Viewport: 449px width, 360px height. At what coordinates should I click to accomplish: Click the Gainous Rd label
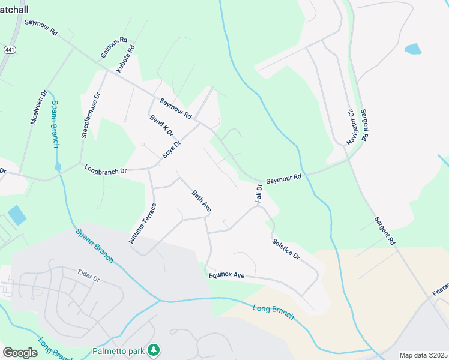click(x=114, y=47)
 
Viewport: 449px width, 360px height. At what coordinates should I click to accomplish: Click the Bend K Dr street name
click(x=161, y=125)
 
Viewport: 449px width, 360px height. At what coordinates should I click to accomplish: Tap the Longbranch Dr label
click(x=106, y=170)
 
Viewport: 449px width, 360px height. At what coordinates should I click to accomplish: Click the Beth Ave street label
click(x=201, y=201)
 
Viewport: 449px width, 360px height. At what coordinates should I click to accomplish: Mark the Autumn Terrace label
click(x=142, y=223)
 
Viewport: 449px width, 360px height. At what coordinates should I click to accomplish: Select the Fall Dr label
click(x=259, y=193)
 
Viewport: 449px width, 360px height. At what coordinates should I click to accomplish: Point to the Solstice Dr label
click(x=286, y=248)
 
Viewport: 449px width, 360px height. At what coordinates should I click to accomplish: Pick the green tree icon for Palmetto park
click(x=154, y=349)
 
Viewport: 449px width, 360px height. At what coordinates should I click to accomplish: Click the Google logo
click(x=20, y=352)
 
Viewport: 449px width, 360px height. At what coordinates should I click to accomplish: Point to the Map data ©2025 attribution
click(x=423, y=355)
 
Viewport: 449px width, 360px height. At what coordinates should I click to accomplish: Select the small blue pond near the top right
click(x=413, y=49)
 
